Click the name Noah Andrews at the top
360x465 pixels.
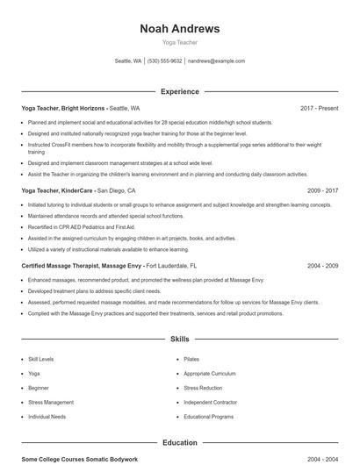click(x=180, y=29)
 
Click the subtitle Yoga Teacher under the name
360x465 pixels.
click(x=180, y=42)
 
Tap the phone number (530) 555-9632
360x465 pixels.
click(x=164, y=61)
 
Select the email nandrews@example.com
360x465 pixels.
click(x=216, y=61)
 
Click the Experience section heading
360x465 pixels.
click(x=180, y=91)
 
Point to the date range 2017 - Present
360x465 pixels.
click(x=319, y=108)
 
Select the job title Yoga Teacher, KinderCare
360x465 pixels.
click(x=58, y=190)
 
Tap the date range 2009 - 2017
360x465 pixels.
click(x=322, y=190)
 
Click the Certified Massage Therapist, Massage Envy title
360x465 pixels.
click(x=83, y=265)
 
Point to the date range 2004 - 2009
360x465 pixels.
click(x=322, y=265)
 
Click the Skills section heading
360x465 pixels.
click(x=180, y=338)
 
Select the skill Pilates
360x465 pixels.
click(x=191, y=359)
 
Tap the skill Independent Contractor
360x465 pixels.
click(x=210, y=402)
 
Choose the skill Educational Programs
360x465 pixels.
click(x=208, y=416)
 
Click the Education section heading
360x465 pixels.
click(x=180, y=443)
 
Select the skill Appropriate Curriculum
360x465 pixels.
click(x=210, y=373)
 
